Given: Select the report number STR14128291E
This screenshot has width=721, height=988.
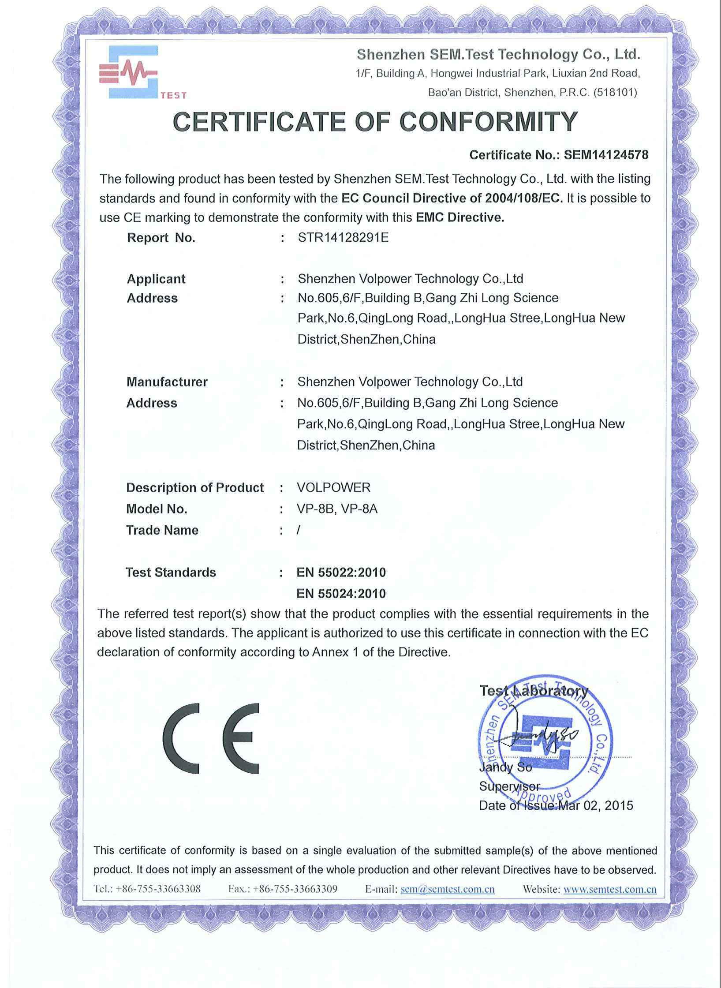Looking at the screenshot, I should pyautogui.click(x=343, y=238).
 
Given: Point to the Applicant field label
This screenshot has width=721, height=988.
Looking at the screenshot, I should pyautogui.click(x=156, y=279).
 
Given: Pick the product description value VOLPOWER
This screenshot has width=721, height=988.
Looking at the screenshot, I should pyautogui.click(x=334, y=487).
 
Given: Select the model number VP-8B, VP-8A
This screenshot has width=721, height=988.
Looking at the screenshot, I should pyautogui.click(x=337, y=509).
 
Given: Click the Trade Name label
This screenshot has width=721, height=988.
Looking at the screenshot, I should pyautogui.click(x=162, y=530).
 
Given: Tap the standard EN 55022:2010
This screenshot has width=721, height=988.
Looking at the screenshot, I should pyautogui.click(x=341, y=573).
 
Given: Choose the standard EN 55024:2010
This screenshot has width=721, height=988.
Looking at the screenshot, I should pyautogui.click(x=341, y=594).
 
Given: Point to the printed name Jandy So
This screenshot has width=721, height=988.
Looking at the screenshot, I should pyautogui.click(x=505, y=767).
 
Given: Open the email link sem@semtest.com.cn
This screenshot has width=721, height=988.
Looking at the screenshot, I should pyautogui.click(x=447, y=889).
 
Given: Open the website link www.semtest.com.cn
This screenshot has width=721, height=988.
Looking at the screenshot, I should pyautogui.click(x=610, y=889).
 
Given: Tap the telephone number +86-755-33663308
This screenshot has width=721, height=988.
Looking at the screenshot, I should pyautogui.click(x=158, y=889).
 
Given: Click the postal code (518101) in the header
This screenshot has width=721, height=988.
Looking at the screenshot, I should pyautogui.click(x=615, y=93).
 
